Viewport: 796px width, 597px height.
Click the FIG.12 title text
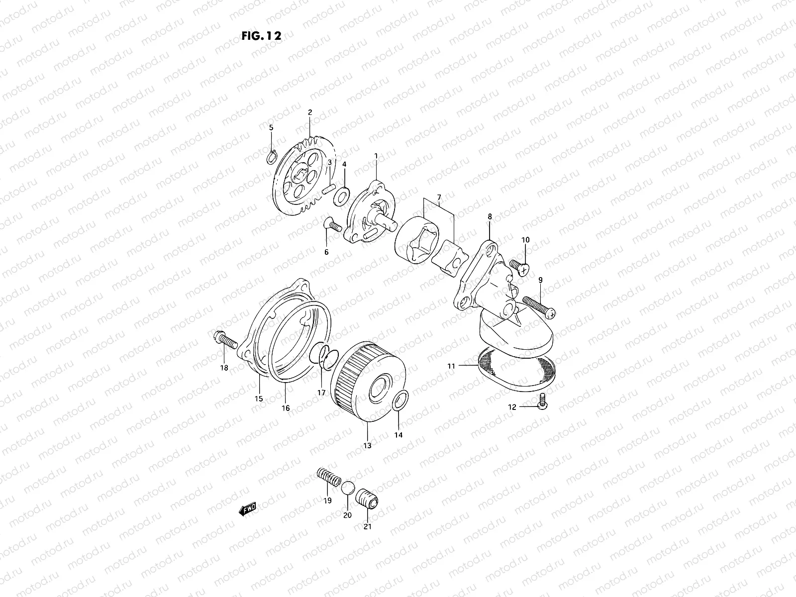click(261, 36)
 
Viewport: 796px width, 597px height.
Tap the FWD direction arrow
click(247, 508)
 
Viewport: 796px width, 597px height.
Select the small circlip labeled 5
click(271, 157)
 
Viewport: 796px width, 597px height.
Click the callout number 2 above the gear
click(309, 112)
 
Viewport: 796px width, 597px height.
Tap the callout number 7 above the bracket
click(438, 198)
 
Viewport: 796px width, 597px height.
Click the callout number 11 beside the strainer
click(451, 366)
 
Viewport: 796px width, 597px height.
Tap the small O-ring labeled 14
click(401, 400)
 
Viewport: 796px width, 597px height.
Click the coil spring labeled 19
click(329, 477)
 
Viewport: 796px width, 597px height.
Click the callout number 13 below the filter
click(367, 446)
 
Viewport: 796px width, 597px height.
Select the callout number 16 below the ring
click(286, 408)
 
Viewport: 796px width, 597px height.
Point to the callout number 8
click(490, 216)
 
